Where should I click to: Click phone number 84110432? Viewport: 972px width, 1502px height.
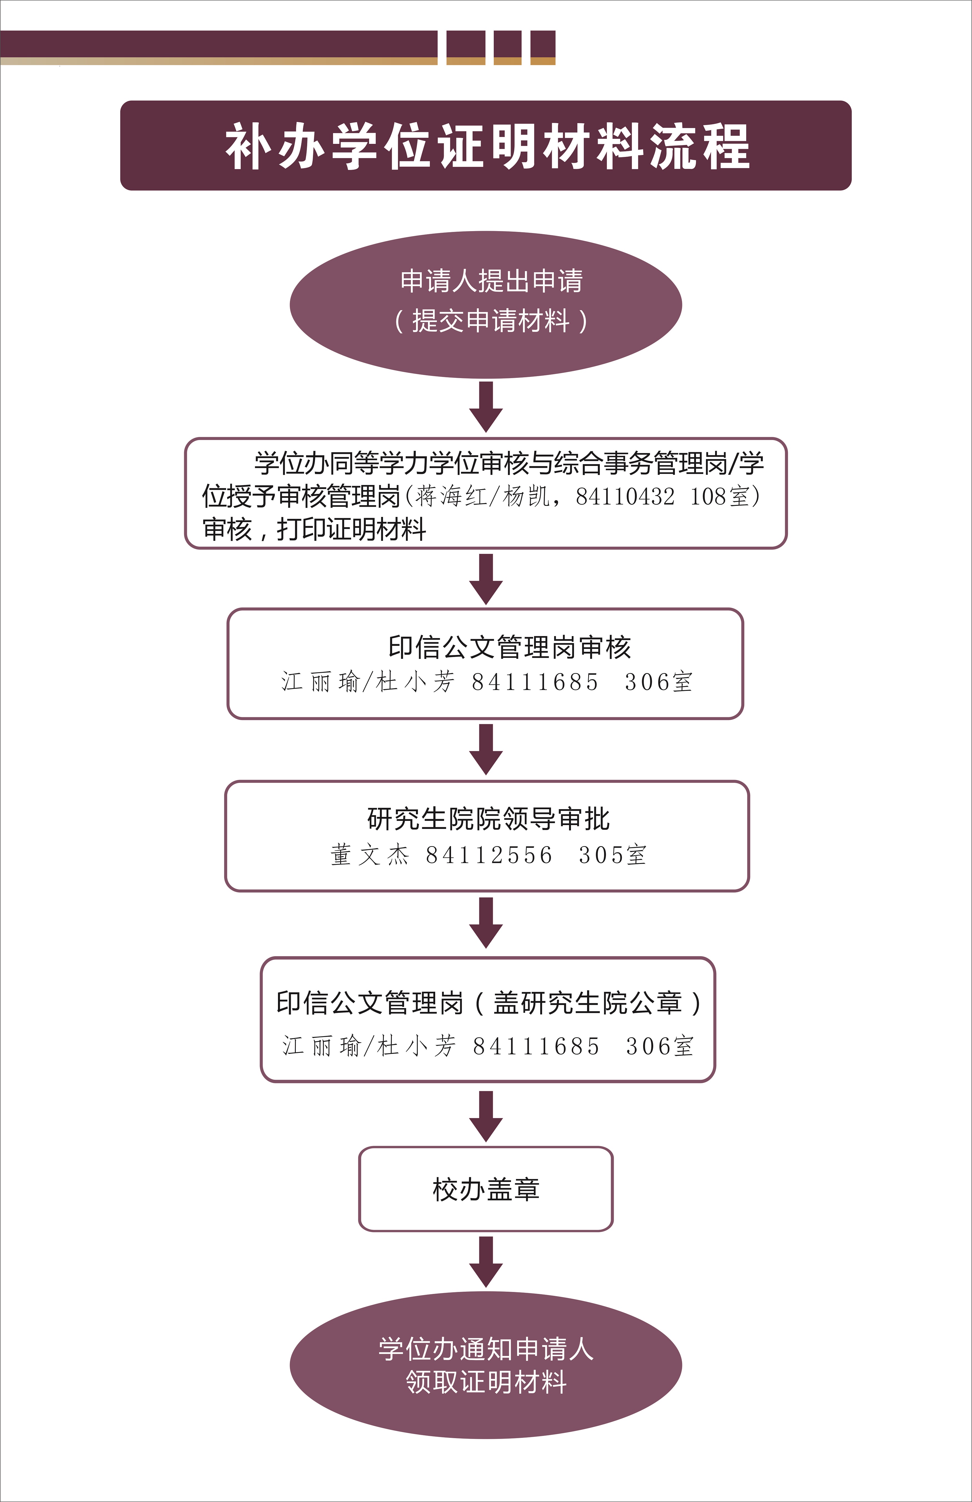(x=625, y=497)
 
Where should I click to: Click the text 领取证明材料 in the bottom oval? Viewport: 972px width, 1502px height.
(x=486, y=1382)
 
